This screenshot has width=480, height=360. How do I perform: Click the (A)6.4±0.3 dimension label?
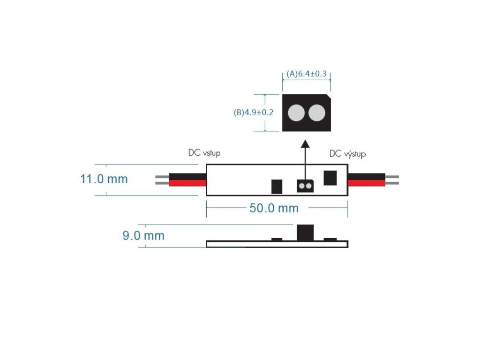point(306,74)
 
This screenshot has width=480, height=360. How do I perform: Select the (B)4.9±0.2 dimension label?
point(253,112)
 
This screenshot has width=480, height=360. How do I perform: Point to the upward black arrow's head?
point(305,143)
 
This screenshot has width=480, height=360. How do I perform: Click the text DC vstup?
point(204,153)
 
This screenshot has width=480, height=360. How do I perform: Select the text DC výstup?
point(347,154)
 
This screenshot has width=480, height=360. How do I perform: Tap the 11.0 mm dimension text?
point(104,179)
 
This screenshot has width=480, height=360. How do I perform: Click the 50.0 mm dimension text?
point(274,209)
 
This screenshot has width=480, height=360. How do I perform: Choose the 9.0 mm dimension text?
point(143,236)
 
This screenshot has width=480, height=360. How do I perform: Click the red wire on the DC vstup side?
point(187,183)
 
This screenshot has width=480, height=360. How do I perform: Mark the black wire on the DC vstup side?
point(187,177)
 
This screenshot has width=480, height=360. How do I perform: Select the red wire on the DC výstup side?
point(366,183)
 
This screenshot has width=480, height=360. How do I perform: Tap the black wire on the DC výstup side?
point(366,177)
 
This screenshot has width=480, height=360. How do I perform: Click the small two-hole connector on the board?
point(305,187)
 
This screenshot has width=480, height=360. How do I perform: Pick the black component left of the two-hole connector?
point(277,187)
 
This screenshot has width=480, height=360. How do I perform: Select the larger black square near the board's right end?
point(330,178)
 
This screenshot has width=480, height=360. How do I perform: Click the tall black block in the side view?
point(305,232)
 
